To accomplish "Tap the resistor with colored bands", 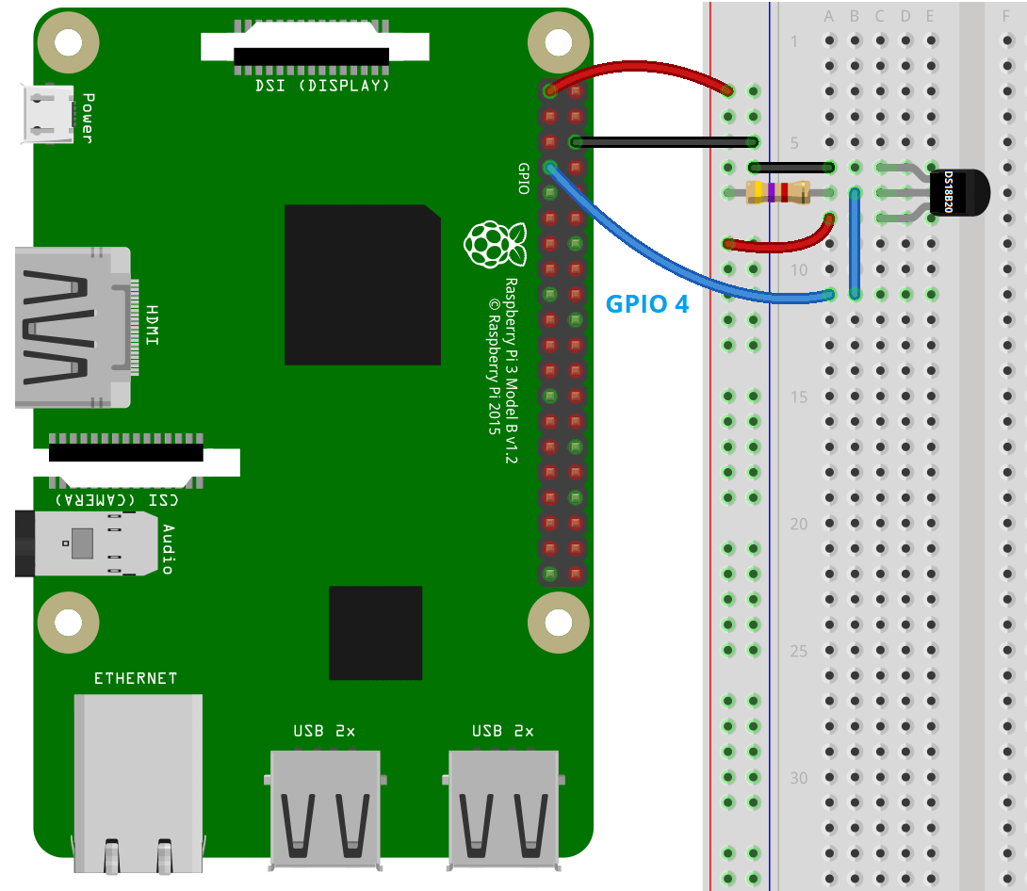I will click(777, 192).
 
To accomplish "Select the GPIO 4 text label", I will click(647, 303).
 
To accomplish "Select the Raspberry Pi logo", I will click(494, 244).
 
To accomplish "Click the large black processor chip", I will click(362, 284).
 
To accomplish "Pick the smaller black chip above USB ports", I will click(375, 632).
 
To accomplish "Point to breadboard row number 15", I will click(799, 397).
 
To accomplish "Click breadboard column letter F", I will click(1005, 16).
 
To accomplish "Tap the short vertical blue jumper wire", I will click(855, 243).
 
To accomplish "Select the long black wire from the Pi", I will click(663, 142).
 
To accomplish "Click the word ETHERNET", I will click(136, 678).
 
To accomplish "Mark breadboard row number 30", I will click(799, 778).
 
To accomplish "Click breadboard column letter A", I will click(829, 16).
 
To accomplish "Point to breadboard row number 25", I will click(799, 651).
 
